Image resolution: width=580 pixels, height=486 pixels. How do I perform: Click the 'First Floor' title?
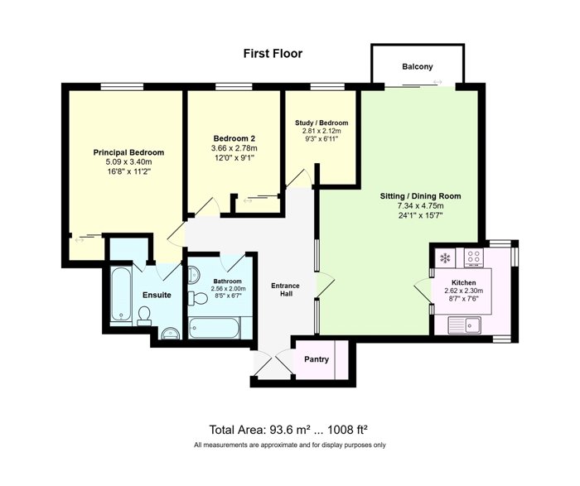[273, 54]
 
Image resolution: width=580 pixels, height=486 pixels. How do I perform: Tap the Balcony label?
[418, 67]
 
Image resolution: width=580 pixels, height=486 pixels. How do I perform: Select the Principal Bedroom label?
[128, 152]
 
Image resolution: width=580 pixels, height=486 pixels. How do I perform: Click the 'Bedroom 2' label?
[234, 138]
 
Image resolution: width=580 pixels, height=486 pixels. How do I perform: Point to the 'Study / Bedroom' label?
[321, 123]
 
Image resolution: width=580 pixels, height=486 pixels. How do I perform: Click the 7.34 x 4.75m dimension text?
[421, 206]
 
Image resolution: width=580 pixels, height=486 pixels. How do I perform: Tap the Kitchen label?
[464, 282]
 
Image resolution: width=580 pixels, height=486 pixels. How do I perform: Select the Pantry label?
[317, 359]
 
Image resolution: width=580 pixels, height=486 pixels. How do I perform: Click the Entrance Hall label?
[285, 290]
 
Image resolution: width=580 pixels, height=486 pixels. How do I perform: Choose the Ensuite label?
[157, 295]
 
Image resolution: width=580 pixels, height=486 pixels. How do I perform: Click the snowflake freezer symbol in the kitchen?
[445, 257]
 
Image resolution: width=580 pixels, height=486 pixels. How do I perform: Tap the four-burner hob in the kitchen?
[474, 257]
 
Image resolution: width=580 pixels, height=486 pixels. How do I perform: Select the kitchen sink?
[465, 325]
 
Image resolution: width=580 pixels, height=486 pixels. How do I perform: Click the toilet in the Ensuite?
[144, 316]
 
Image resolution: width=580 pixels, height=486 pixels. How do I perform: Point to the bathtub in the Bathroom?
[214, 328]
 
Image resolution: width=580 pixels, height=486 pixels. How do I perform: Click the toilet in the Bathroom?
[198, 298]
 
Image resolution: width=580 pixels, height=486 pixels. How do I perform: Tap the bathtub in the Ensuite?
[121, 294]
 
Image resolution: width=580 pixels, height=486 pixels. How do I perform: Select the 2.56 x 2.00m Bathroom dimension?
[228, 289]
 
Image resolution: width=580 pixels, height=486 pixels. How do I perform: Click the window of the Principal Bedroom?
[122, 87]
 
